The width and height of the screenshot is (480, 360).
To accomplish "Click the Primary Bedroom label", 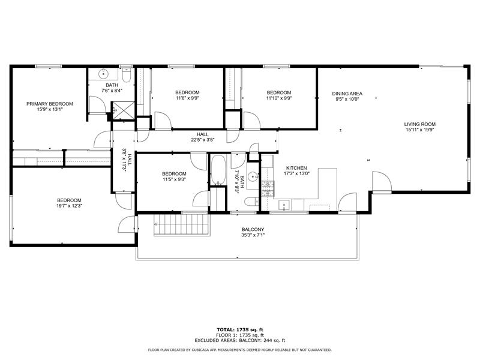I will [49, 104].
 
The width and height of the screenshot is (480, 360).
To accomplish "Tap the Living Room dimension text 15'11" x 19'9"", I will [419, 129].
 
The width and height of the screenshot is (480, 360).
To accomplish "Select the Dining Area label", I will [347, 94].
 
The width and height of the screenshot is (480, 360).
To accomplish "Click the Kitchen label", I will [296, 168].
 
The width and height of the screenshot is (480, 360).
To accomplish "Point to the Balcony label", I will [253, 230].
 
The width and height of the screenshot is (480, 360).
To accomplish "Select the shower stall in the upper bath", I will [122, 110].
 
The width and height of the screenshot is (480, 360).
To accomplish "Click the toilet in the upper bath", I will [126, 77].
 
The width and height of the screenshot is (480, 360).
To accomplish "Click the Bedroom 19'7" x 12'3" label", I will [69, 200].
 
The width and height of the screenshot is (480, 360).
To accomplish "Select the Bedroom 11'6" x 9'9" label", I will [187, 92].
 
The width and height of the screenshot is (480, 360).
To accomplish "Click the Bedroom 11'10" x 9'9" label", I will [279, 92].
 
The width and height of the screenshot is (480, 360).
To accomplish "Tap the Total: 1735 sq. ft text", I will [239, 329].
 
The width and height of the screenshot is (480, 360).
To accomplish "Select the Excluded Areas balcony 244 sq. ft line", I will [239, 340].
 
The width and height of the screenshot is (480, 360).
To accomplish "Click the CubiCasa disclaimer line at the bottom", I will [239, 350].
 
